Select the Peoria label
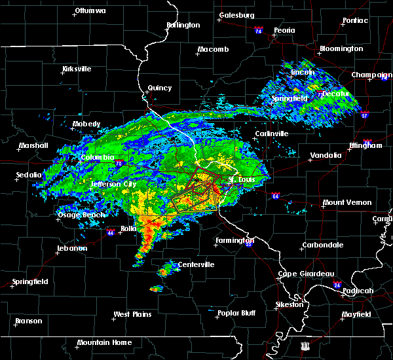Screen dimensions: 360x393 click(284, 30)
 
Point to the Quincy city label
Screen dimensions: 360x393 click(160, 88)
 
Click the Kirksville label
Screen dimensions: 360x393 click(77, 69)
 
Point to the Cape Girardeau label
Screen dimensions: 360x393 click(307, 274)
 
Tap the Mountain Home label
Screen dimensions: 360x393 click(104, 342)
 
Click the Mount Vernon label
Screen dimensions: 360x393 click(347, 202)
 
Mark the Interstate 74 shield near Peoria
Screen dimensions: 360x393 click(258, 31)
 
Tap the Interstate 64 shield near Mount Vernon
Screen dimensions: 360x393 click(276, 195)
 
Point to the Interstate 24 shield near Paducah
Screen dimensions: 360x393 click(337, 285)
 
